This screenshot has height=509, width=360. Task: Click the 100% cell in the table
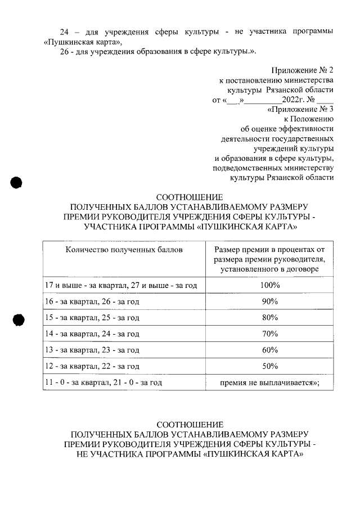click(270, 286)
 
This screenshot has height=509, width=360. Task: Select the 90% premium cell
click(270, 302)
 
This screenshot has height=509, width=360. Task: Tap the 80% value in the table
click(270, 318)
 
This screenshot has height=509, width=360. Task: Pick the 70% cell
click(270, 334)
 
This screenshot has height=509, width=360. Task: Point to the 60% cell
click(270, 350)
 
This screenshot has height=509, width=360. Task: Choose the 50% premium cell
click(270, 367)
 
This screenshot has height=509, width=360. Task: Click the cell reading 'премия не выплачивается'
click(270, 383)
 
